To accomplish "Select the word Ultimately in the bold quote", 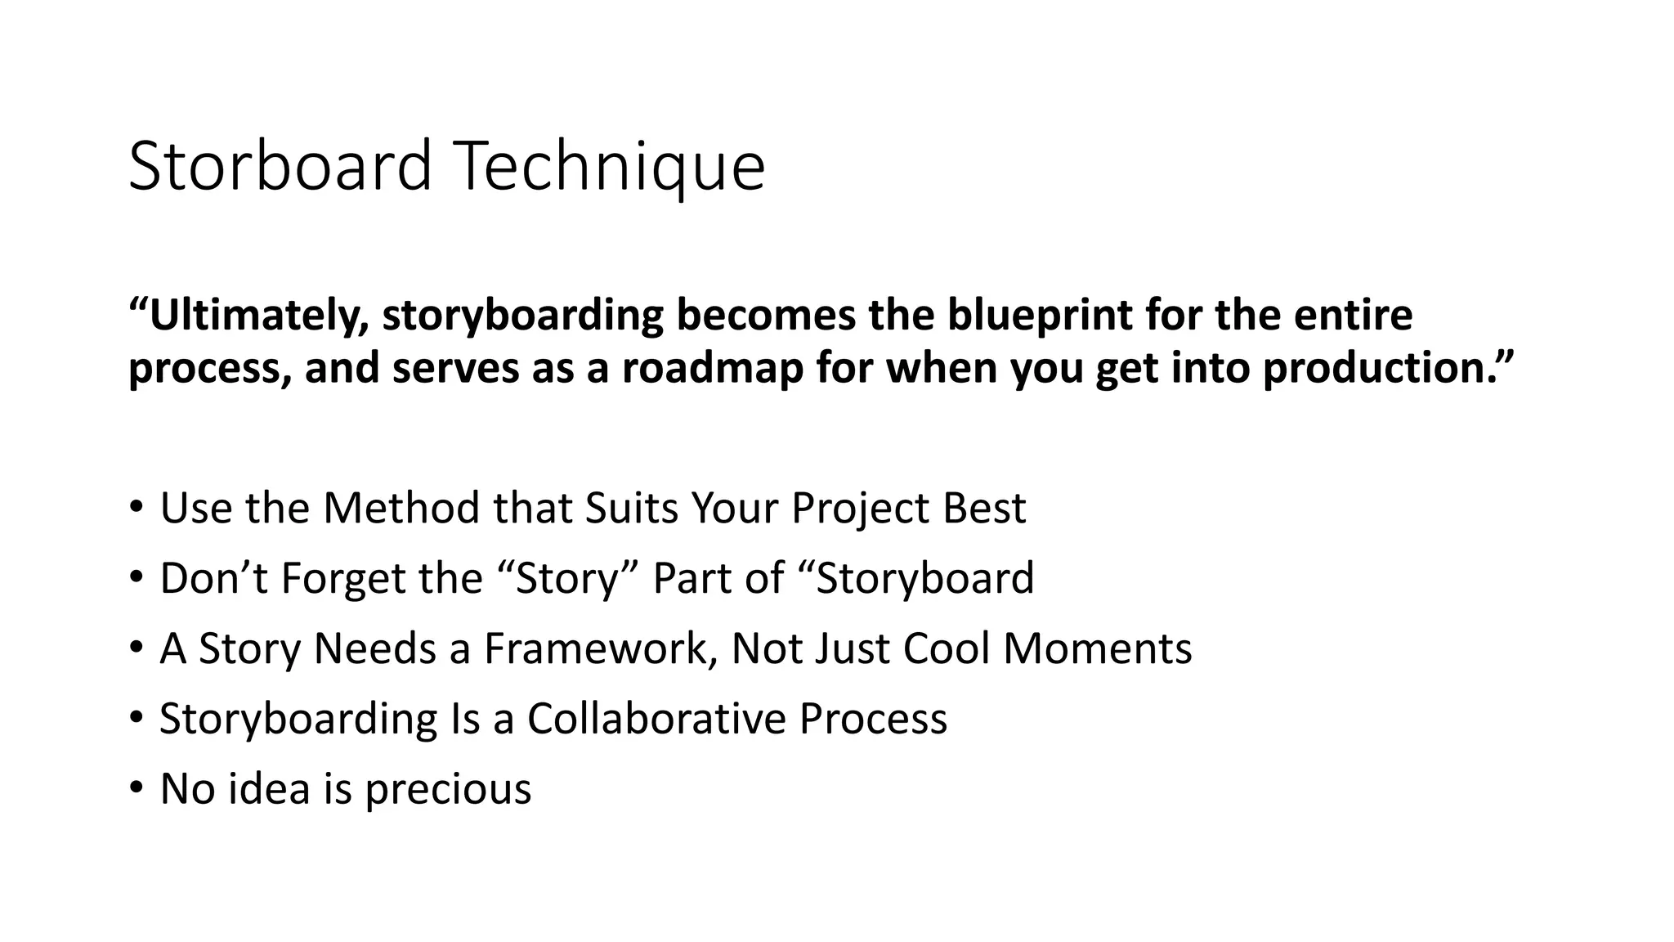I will click(x=254, y=316).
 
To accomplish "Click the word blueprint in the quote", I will click(x=1038, y=316).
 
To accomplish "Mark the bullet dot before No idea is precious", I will click(x=136, y=788).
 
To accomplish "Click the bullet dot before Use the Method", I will click(x=136, y=507).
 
